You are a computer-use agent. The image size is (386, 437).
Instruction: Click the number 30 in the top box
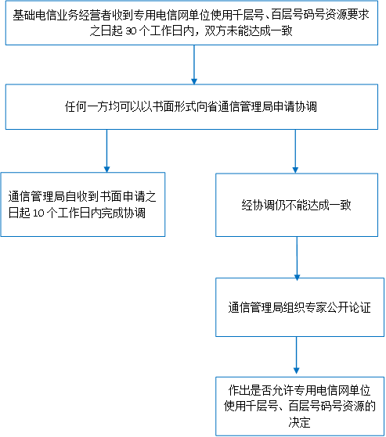coord(131,31)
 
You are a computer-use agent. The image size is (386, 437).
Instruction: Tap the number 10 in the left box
coord(39,213)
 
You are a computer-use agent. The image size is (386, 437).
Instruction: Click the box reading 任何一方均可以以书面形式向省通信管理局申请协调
coord(192,107)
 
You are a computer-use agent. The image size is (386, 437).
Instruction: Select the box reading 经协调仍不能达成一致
coord(297,205)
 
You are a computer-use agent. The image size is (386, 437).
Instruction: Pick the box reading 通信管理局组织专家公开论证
coord(300,307)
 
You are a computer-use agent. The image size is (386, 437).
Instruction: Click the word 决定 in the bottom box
coord(299,422)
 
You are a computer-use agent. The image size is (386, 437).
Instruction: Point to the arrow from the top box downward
coord(194,65)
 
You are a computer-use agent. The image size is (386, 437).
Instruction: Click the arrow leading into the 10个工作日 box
coord(106,151)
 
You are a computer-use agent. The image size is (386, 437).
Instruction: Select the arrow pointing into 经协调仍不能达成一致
coord(295,152)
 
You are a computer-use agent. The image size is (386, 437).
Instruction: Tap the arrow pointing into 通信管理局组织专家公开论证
coord(297,258)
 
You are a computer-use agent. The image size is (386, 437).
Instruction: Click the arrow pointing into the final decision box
coord(297,356)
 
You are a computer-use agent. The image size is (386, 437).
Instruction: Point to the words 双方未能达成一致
coord(248,31)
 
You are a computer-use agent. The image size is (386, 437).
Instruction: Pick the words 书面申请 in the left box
coord(122,197)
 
